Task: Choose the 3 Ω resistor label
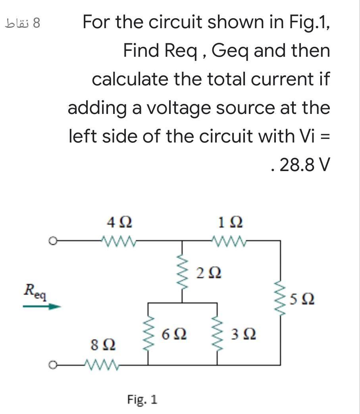click(243, 335)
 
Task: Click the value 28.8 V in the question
click(304, 164)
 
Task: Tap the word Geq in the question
click(229, 51)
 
